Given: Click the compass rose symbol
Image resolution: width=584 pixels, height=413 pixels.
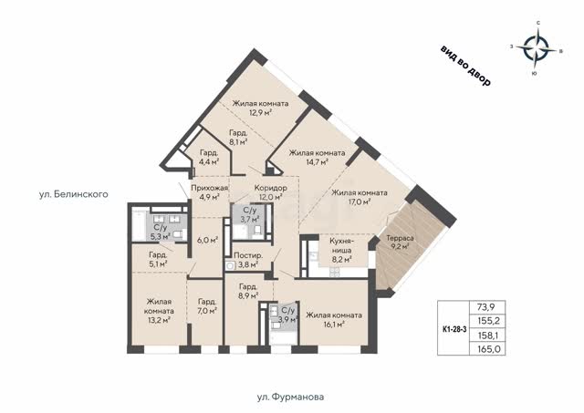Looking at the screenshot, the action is coord(537,48).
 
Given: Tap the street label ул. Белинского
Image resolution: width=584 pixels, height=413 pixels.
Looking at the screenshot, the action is coord(74,194).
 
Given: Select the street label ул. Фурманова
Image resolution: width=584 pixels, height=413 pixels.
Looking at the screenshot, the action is coord(290,397).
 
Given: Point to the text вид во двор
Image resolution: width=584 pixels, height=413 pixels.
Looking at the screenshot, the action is coord(465,66).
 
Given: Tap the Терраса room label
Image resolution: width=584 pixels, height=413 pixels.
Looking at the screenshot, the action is coord(400,238).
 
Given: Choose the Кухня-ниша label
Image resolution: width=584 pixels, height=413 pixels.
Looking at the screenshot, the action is coord(341,245).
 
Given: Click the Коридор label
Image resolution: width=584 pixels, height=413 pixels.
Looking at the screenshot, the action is coord(271,188).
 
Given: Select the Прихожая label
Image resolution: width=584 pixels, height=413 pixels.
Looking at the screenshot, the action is coord(209,188).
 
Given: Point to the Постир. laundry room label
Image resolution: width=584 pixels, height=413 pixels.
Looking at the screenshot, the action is coord(248,255).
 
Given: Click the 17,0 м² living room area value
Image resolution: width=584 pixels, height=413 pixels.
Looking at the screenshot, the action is coord(359,202).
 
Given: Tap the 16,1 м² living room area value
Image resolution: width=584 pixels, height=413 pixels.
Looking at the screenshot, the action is coord(333,325).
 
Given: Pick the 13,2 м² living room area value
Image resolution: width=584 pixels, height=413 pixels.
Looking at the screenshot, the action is coord(159,320).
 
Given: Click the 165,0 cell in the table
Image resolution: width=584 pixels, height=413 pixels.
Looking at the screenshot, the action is coord(486,349).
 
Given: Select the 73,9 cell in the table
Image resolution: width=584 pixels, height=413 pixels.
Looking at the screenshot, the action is coord(486,307).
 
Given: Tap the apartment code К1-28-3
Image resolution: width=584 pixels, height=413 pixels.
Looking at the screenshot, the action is coord(454,329).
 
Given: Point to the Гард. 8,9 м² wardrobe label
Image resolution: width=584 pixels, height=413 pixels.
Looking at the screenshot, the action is coord(248,292).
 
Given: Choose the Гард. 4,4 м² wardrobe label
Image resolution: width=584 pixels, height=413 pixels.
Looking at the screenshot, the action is coord(209,157).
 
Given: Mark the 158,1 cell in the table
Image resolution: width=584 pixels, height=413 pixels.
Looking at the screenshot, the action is coord(486,336).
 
